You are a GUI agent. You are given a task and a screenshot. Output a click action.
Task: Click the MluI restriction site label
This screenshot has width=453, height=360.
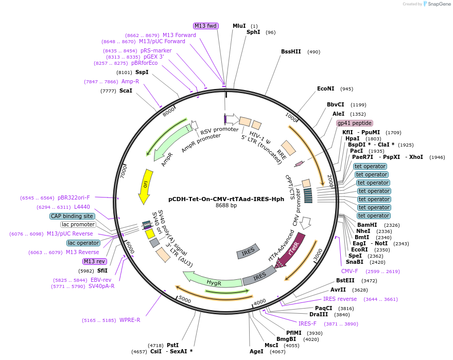point(239,26)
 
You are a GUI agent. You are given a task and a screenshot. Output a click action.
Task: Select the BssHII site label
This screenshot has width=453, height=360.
point(291,51)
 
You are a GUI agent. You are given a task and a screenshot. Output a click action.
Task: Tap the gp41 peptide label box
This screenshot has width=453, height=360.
point(355,123)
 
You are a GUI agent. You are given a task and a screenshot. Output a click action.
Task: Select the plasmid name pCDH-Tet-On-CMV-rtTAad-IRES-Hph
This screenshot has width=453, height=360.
point(226,199)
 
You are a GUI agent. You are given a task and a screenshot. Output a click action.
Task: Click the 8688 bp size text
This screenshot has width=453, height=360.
point(226,205)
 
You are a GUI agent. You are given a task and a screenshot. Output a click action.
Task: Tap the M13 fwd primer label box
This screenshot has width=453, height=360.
point(206,26)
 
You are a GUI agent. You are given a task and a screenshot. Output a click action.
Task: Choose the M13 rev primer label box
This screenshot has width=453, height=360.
point(95,261)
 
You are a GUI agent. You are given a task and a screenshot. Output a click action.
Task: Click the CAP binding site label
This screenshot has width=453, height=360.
point(72,216)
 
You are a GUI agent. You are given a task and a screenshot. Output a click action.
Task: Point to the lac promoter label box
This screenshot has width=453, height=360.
point(78,224)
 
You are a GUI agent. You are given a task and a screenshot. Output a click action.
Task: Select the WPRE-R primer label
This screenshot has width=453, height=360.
point(130,320)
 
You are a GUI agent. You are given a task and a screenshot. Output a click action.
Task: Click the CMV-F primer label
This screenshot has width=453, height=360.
point(350,271)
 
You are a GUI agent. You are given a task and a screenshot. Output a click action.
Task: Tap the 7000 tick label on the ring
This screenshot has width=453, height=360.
point(124,171)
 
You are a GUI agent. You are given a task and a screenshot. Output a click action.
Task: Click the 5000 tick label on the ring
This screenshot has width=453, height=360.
point(185,299)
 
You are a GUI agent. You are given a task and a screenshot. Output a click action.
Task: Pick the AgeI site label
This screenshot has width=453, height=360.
point(256,351)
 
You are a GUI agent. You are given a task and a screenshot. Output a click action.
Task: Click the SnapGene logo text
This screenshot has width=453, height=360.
point(439,4)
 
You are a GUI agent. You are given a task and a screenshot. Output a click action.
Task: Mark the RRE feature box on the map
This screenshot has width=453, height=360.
point(288,148)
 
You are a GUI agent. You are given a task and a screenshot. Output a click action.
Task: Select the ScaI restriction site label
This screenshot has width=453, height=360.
point(126,91)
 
